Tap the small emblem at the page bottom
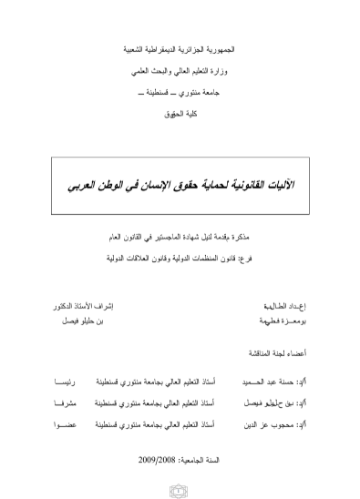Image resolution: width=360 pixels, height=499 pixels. coord(180,492)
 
